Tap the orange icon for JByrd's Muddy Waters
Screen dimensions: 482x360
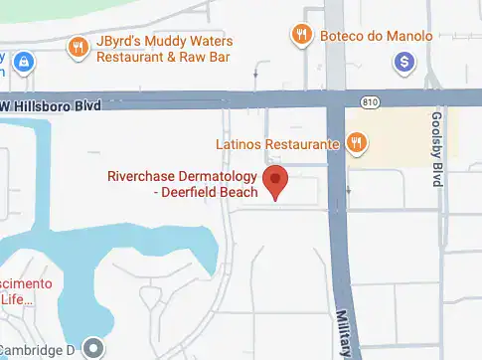click(x=78, y=46)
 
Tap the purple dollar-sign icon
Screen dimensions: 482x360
click(x=403, y=63)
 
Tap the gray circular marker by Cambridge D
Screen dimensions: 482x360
click(x=93, y=347)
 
